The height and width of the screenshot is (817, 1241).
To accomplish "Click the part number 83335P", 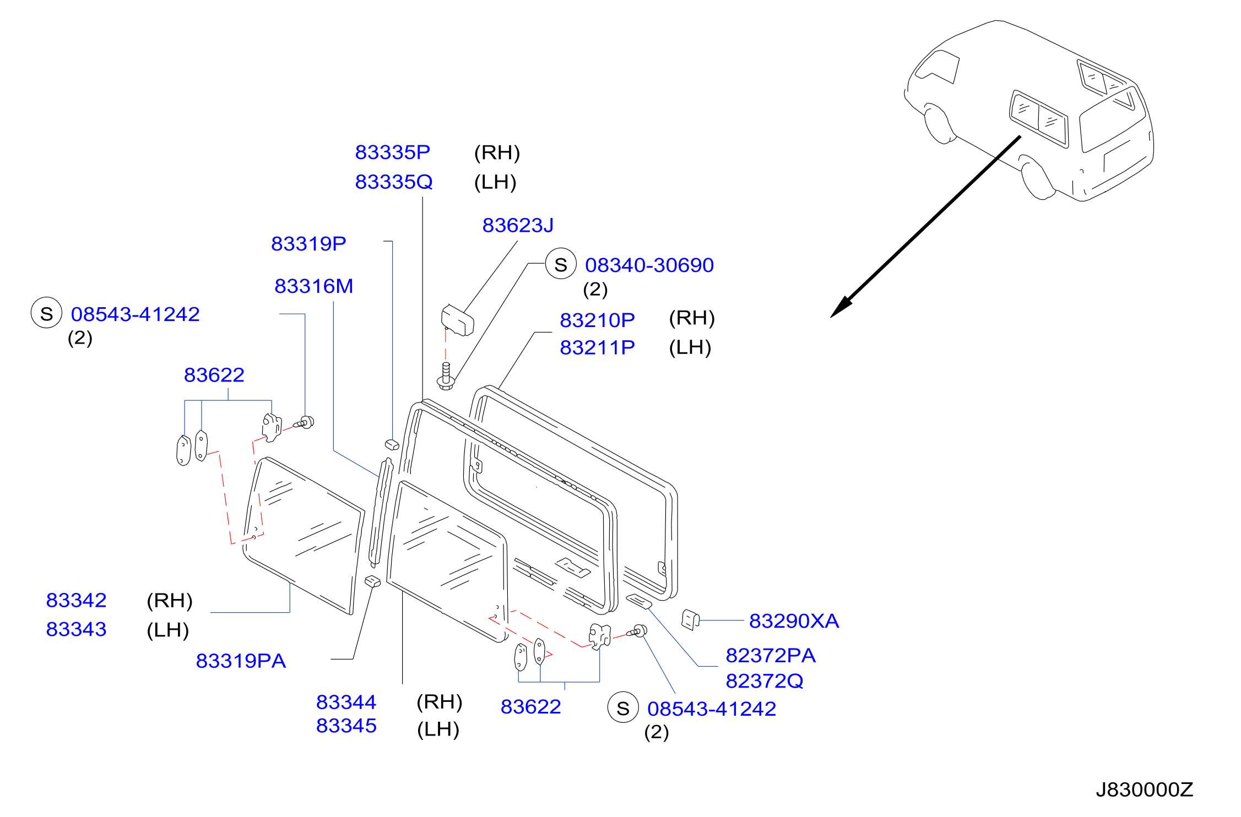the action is coord(392,152).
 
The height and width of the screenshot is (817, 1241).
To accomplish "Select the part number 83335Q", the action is coord(393,182).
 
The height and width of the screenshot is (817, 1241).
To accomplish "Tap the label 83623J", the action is coord(518,225).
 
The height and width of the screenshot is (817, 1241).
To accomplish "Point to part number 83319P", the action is coord(308,243).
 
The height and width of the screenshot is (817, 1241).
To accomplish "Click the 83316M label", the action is coord(313,286).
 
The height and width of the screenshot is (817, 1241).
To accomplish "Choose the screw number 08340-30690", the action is coord(649,265).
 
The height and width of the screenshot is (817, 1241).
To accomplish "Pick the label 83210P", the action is coord(597,320).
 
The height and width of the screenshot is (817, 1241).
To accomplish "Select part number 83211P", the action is coord(597,347).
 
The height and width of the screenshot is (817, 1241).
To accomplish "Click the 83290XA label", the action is coord(794,621).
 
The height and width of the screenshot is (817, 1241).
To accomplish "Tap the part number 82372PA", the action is coord(771,656).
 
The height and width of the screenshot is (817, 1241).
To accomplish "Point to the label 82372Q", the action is coord(765,681).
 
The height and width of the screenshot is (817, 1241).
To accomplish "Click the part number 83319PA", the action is coord(241,661).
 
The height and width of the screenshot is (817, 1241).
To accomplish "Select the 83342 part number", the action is coord(76,600).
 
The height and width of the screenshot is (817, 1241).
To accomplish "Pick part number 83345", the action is coord(346,726).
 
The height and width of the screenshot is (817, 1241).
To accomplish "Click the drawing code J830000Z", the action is coord(1144,789).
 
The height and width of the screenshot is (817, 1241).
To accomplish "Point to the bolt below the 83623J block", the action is coord(446,377).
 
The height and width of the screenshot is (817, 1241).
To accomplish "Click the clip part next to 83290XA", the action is coord(690,619).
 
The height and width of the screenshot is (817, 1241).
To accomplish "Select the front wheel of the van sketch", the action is coord(940,124).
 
